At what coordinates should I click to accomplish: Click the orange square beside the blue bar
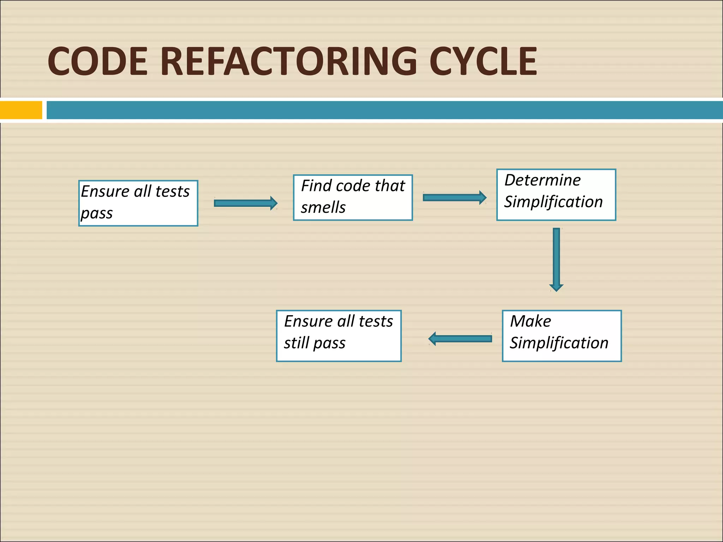pyautogui.click(x=21, y=110)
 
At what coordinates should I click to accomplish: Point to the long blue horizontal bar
pyautogui.click(x=384, y=110)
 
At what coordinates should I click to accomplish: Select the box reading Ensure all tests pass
pyautogui.click(x=138, y=203)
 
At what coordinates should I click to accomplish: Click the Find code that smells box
pyautogui.click(x=353, y=198)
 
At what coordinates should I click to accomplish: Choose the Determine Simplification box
pyautogui.click(x=556, y=195)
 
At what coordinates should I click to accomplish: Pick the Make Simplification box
pyautogui.click(x=562, y=336)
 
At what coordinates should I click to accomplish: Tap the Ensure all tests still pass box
pyautogui.click(x=339, y=336)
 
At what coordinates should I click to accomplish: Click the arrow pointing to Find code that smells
pyautogui.click(x=245, y=203)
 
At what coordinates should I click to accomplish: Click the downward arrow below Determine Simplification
pyautogui.click(x=556, y=259)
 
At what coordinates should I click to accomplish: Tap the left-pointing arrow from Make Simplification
pyautogui.click(x=460, y=339)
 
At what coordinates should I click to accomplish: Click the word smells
pyautogui.click(x=323, y=207)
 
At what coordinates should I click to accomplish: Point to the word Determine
pyautogui.click(x=542, y=180)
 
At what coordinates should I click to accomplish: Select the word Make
pyautogui.click(x=530, y=321)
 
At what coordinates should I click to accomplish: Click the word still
pyautogui.click(x=296, y=343)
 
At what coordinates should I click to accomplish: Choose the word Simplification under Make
pyautogui.click(x=559, y=343)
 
